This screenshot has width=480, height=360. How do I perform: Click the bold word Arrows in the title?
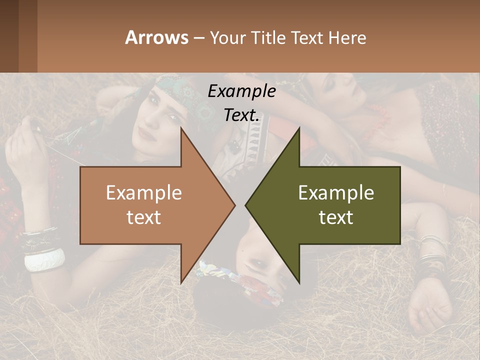tap(157, 37)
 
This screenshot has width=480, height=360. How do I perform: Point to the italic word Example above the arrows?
tap(241, 91)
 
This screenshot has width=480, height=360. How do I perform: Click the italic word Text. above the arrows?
tap(241, 115)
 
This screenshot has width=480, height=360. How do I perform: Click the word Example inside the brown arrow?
tap(143, 193)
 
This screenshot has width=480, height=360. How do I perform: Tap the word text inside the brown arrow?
tap(143, 217)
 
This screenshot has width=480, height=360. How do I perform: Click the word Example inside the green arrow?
tap(336, 193)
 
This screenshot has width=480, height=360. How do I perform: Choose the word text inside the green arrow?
tap(336, 217)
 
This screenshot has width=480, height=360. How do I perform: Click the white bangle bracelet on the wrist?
tap(44, 260)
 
